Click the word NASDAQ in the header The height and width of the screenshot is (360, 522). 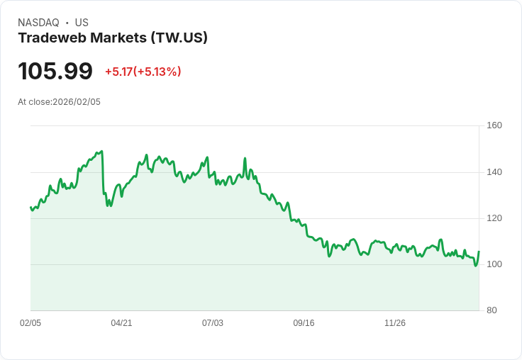38,23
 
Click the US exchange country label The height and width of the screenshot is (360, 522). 82,23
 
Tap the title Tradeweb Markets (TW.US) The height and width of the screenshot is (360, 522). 113,38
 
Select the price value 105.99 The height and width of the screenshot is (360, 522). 55,72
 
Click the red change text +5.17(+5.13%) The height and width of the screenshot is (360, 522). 143,72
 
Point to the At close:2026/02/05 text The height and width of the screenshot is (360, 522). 59,102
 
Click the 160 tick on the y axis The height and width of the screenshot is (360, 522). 494,125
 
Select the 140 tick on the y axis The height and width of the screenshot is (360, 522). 494,172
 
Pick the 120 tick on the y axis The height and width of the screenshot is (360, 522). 494,218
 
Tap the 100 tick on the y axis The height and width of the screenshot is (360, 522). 494,264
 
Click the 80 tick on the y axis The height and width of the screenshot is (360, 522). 492,310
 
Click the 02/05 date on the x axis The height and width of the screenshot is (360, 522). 30,323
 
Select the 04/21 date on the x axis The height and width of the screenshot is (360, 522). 121,323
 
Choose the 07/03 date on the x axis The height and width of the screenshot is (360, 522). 213,323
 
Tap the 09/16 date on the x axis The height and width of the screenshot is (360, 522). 304,323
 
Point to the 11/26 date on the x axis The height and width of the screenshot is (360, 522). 395,323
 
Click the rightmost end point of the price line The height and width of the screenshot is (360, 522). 479,252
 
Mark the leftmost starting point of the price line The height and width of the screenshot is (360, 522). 30,207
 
